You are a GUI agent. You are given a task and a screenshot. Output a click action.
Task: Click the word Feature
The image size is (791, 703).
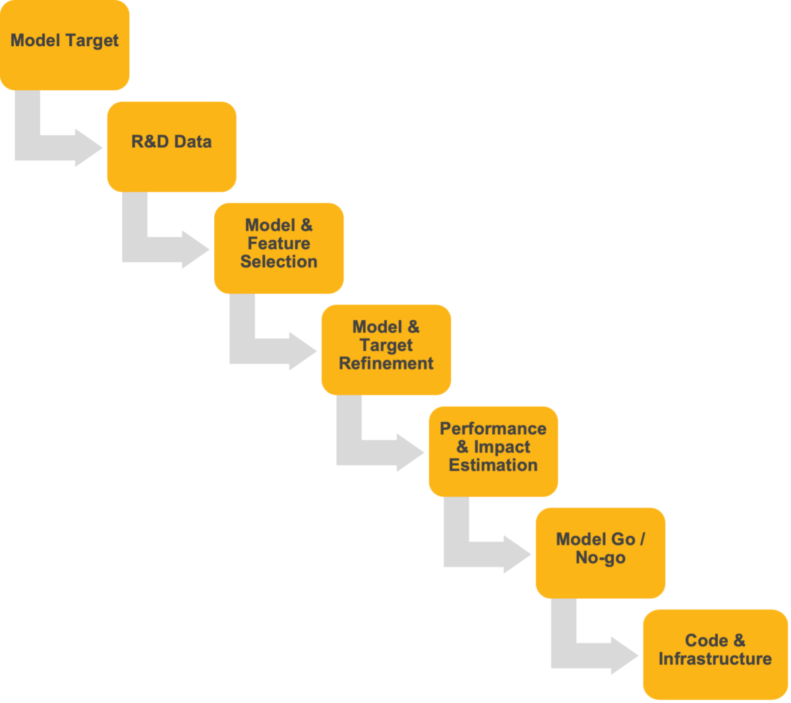(x=279, y=244)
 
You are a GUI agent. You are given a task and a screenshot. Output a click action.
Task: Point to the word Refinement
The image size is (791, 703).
(x=386, y=364)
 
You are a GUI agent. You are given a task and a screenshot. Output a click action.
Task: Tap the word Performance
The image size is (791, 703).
(x=493, y=429)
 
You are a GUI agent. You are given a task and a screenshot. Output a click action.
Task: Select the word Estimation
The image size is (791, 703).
(x=493, y=465)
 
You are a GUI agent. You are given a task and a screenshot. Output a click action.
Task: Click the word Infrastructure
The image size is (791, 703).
(x=715, y=659)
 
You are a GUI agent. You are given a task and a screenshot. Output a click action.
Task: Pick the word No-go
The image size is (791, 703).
(x=600, y=558)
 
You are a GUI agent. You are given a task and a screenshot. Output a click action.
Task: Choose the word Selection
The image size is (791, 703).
(x=279, y=262)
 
